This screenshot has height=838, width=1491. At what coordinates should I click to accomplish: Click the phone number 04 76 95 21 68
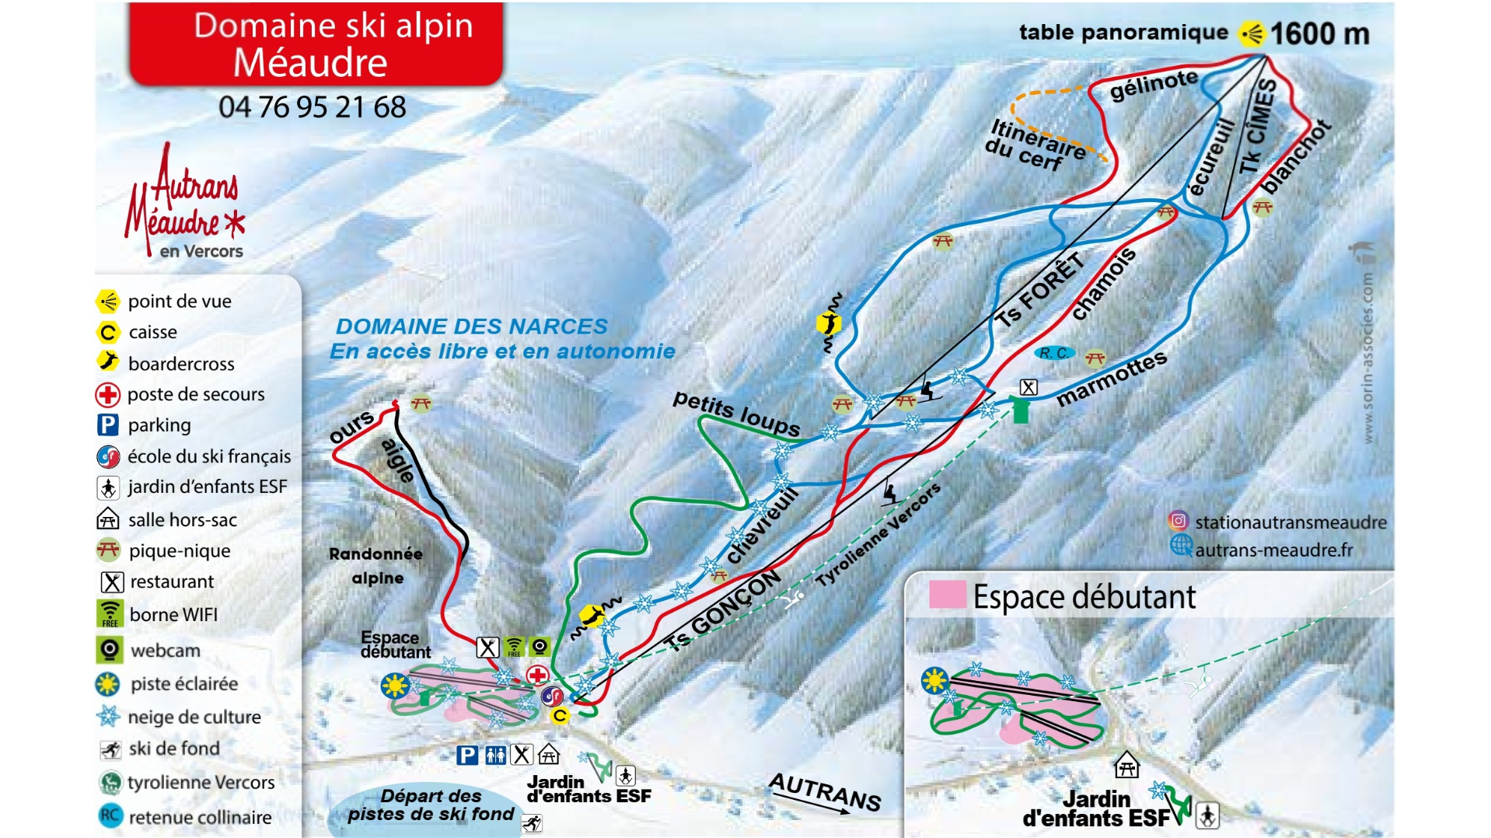(312, 107)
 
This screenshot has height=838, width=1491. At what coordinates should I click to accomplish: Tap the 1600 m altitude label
(1318, 34)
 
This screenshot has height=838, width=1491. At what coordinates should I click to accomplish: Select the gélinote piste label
(1154, 85)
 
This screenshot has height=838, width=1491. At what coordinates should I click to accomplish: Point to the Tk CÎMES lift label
(1258, 127)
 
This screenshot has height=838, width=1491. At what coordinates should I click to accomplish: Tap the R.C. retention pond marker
(1053, 354)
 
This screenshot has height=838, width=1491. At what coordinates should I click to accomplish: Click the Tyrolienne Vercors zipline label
(878, 536)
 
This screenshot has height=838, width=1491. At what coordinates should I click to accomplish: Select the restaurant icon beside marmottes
(1028, 387)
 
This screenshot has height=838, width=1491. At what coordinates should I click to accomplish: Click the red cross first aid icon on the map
(537, 675)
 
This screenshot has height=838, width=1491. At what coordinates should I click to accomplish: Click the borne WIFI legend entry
(173, 615)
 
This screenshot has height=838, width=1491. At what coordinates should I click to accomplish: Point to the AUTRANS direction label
(825, 791)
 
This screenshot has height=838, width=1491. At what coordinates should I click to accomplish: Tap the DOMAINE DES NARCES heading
(471, 326)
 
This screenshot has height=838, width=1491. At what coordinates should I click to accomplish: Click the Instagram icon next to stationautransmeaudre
(1178, 521)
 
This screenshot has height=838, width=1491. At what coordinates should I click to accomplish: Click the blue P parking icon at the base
(467, 755)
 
